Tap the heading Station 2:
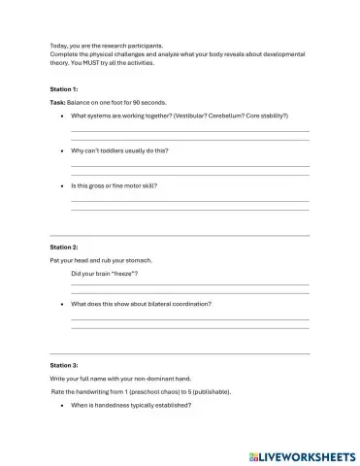(64, 248)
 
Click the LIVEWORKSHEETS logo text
(307, 454)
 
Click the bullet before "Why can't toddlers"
(62, 151)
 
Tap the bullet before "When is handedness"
(62, 405)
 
